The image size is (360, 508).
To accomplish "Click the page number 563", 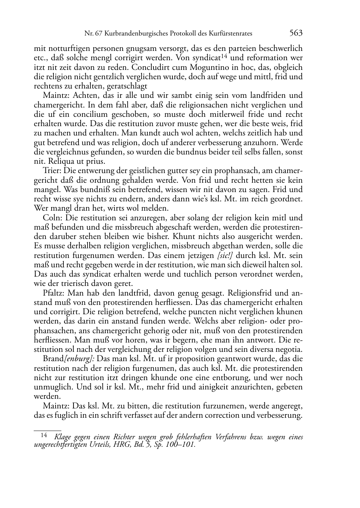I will tap(296, 33).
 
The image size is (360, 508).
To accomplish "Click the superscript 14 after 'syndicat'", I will tap(224, 56).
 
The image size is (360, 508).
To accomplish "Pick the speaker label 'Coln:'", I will tap(52, 218).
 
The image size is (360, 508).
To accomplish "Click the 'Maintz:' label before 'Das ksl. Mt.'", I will tap(56, 406).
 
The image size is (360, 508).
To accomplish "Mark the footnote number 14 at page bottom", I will tap(44, 436).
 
